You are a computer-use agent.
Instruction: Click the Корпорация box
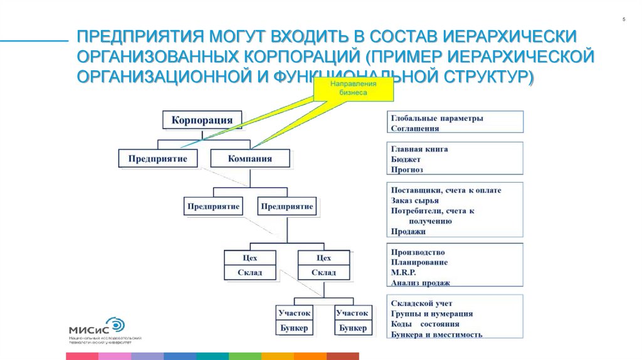pos(201,120)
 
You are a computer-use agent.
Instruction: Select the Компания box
pos(250,158)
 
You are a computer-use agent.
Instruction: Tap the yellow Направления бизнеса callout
pos(354,88)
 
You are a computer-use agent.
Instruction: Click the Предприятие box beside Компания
pos(157,158)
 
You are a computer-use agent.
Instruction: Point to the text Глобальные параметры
pos(436,118)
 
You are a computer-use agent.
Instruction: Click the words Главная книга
pos(419,149)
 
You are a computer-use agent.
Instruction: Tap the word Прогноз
pos(407,169)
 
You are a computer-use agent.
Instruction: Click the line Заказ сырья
pos(414,201)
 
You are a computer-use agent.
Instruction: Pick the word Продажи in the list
pos(408,231)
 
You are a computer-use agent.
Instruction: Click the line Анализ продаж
pos(420,283)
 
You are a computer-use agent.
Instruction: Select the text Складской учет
pos(421,304)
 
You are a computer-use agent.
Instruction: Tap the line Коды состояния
pos(424,324)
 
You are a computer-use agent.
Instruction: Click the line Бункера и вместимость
pos(436,335)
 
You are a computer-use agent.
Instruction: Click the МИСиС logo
pos(96,327)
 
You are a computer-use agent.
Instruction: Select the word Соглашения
pos(414,128)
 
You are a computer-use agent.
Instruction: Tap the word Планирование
pos(419,262)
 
